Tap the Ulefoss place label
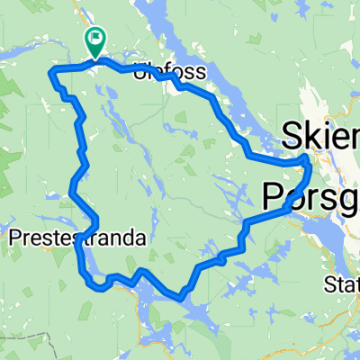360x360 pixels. click(x=168, y=72)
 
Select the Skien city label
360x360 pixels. click(x=320, y=137)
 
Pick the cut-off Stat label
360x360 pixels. click(x=342, y=285)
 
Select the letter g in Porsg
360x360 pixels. click(x=350, y=196)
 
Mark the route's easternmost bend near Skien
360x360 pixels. click(x=310, y=162)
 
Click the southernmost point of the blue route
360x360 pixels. click(x=181, y=296)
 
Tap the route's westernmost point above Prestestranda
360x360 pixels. click(x=70, y=190)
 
